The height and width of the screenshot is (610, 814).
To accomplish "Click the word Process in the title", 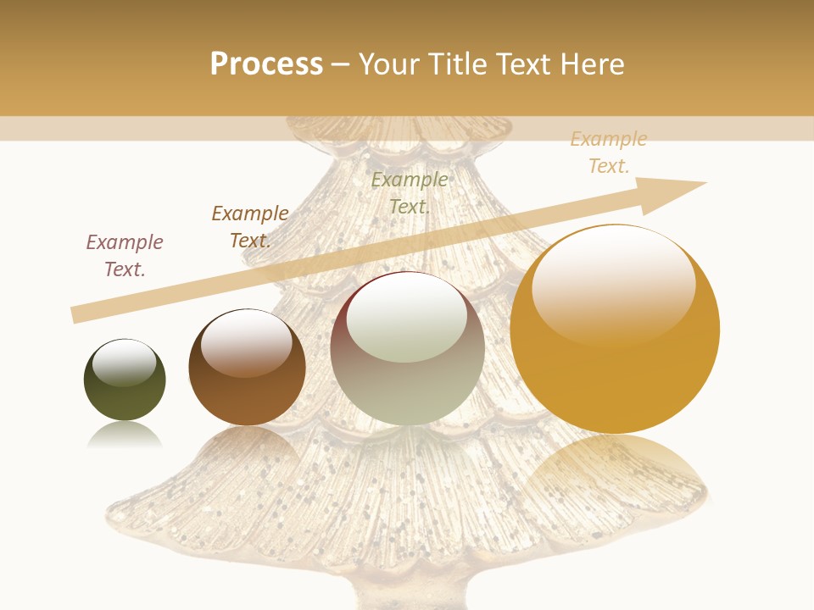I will tap(266, 64).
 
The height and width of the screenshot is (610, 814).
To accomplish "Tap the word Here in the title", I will tap(590, 64).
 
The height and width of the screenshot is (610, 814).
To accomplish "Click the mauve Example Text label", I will tap(125, 255).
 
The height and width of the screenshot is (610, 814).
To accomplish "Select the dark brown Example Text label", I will tap(250, 226).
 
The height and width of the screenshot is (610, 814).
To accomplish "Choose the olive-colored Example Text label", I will tap(410, 192).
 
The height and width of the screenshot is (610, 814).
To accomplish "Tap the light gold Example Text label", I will tap(609, 152).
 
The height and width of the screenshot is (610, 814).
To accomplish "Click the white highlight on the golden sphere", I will tap(613, 280).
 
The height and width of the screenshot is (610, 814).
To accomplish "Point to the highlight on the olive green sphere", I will tap(124, 362).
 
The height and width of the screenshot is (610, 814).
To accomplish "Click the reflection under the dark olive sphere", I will tap(125, 435).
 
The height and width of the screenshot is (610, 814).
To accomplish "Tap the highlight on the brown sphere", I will tap(247, 342).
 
